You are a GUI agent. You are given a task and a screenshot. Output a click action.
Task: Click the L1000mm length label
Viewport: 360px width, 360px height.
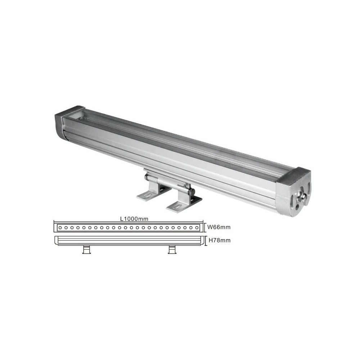coord(134,219)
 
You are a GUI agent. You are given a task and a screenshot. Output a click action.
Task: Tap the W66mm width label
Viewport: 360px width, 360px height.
coord(219,227)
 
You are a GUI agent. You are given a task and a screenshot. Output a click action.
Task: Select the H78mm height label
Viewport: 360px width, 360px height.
coord(219,240)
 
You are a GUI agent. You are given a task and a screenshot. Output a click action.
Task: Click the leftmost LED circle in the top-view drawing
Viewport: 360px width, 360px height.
coord(60,228)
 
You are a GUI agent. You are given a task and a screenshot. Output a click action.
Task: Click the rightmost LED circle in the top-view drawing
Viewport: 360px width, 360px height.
coord(197,228)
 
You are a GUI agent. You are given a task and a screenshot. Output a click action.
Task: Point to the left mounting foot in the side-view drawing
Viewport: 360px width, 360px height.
coord(86,249)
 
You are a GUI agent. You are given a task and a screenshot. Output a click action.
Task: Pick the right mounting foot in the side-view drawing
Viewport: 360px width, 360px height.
coord(172,249)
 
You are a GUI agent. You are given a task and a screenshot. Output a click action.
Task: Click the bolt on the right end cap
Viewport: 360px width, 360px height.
coord(301,196)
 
